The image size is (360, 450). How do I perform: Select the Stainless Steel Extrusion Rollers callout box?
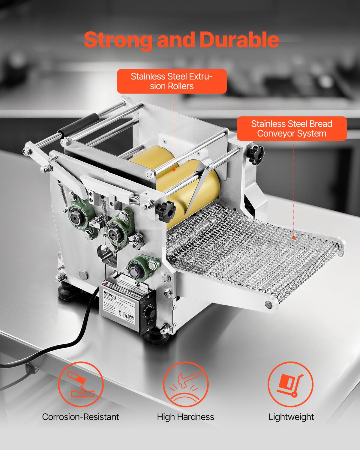pyautogui.click(x=172, y=81)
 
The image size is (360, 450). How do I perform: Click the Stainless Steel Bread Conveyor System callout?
pyautogui.click(x=292, y=128)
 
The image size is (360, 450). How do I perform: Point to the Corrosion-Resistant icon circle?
pyautogui.click(x=80, y=384)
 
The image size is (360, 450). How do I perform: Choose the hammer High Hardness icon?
pyautogui.click(x=185, y=384)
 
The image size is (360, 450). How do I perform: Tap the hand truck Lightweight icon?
pyautogui.click(x=290, y=384)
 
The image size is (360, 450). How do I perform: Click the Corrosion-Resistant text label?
pyautogui.click(x=80, y=417)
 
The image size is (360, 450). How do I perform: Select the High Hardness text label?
pyautogui.click(x=185, y=417)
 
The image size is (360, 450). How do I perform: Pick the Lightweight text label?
pyautogui.click(x=291, y=417)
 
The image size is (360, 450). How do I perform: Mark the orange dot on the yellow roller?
pyautogui.click(x=174, y=170)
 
